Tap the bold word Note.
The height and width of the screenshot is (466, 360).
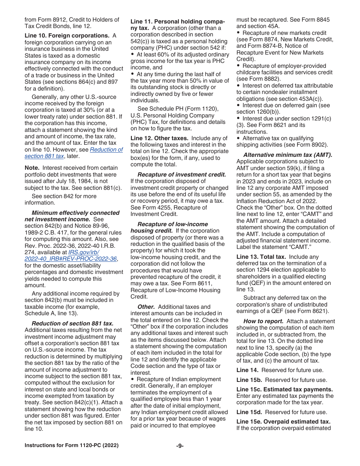coord(32,167)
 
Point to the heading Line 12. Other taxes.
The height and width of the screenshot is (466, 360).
coord(159,138)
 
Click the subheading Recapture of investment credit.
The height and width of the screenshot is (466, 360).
coord(182,175)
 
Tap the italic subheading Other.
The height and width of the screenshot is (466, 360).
coord(146,307)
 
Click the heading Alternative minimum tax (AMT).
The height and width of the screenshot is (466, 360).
coord(288,155)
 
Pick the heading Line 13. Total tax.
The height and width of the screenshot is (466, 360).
coord(261,257)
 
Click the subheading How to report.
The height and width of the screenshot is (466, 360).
coord(263,321)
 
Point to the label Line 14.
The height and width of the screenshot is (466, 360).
coord(247,370)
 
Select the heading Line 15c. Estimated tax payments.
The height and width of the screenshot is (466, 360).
coord(285,389)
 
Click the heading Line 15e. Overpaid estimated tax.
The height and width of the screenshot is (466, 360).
coord(283,422)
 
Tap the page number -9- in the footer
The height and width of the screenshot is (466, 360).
coord(180,446)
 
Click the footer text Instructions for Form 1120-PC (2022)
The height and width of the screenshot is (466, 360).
coord(72,446)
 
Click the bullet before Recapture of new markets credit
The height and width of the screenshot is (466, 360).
coord(238,33)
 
